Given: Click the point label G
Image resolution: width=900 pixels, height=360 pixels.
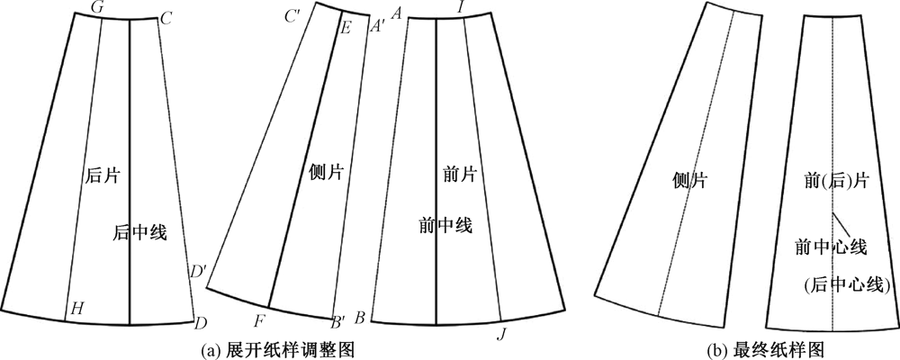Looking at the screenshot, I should tap(96, 7).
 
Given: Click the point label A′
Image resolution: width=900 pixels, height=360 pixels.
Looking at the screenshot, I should tap(377, 27).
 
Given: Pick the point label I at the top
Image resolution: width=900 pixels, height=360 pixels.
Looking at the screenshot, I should tap(461, 8).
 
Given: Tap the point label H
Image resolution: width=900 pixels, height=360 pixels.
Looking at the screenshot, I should tap(78, 309).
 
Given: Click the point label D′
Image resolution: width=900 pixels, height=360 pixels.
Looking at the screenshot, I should tap(197, 268).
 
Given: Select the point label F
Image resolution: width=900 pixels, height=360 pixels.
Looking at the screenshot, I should tap(259, 319).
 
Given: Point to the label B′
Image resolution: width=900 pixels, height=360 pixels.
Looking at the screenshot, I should tap(339, 319).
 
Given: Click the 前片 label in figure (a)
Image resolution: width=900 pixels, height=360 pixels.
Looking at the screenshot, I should tap(459, 172).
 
